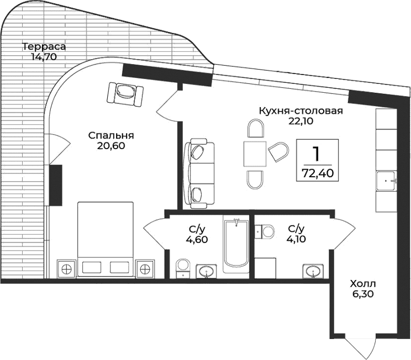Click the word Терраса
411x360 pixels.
(41, 46)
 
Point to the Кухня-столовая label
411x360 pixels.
(301, 111)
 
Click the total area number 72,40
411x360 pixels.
(317, 173)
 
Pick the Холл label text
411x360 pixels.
(362, 284)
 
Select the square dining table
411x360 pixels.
(255, 153)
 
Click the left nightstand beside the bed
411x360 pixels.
(67, 269)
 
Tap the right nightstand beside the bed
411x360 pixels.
(145, 269)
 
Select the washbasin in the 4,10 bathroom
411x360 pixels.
(313, 271)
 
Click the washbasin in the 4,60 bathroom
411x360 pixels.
(208, 271)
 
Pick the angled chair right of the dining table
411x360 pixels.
(280, 151)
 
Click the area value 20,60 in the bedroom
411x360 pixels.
(111, 146)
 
